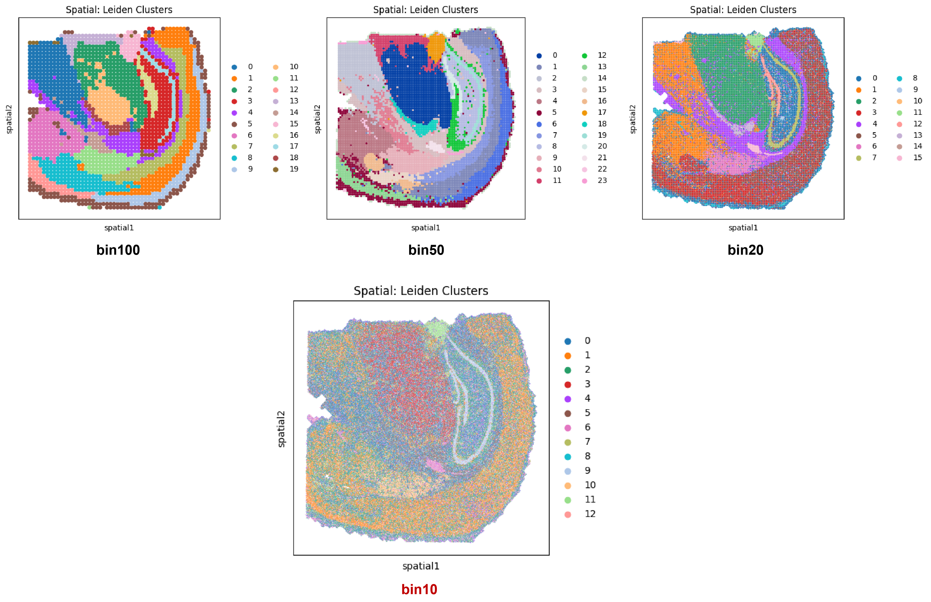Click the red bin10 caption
tap(419, 589)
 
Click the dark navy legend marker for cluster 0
tap(539, 56)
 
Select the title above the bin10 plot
tap(421, 291)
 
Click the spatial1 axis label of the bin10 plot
tap(421, 566)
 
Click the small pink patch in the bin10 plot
tap(434, 465)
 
